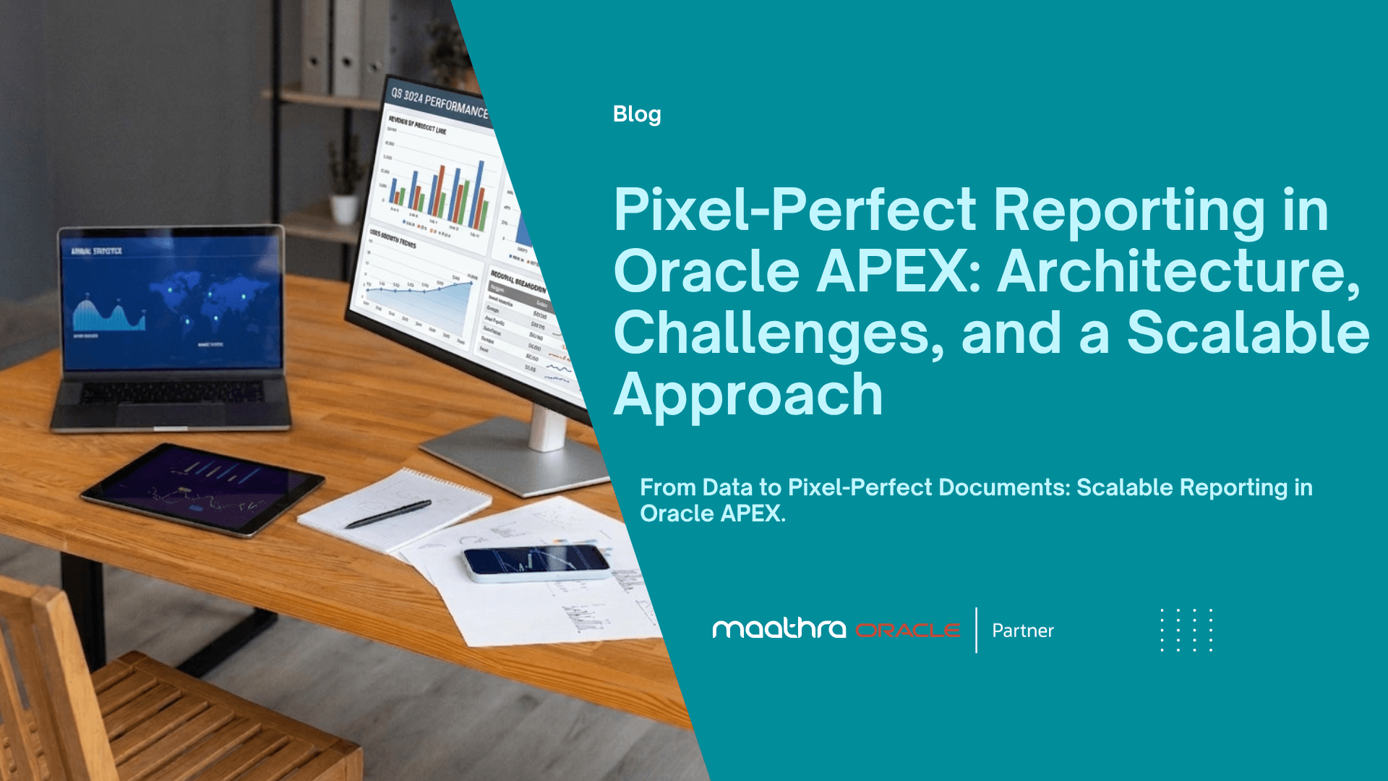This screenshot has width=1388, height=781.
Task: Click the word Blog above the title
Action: (x=636, y=114)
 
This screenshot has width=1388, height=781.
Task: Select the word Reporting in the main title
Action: (x=1128, y=211)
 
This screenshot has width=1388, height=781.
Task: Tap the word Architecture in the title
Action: (x=1178, y=273)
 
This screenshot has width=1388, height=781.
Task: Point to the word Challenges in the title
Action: (x=778, y=334)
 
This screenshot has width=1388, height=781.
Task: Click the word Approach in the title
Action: (x=748, y=396)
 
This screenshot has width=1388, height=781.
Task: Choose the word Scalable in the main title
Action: (x=1248, y=334)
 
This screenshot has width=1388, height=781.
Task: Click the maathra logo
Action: (x=779, y=628)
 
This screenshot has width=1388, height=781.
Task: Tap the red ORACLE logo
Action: (x=908, y=631)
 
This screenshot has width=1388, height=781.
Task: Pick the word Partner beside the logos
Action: (x=1022, y=631)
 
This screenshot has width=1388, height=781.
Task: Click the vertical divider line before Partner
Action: (x=976, y=630)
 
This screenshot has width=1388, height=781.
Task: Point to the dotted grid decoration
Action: (x=1186, y=630)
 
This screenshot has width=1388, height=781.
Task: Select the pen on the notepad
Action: (x=388, y=514)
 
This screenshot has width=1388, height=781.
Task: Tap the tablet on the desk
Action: (x=202, y=488)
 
